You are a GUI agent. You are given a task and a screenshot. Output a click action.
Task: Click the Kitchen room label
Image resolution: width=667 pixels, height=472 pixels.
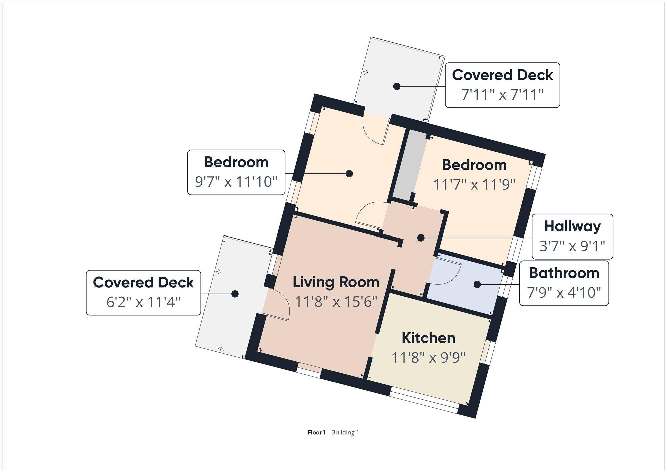pos(428,338)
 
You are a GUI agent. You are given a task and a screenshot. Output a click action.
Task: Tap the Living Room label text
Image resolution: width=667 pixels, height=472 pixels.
pos(336,282)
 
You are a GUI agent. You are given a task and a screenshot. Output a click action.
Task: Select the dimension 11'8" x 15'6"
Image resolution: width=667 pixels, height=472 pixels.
pos(336,302)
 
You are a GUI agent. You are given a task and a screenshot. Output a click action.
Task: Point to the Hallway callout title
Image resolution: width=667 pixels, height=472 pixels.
pos(572,227)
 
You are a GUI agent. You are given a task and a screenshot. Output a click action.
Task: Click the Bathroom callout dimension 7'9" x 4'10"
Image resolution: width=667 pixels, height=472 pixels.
pos(564,293)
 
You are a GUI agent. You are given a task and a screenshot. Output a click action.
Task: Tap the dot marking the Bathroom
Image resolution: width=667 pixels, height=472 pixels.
pos(477,284)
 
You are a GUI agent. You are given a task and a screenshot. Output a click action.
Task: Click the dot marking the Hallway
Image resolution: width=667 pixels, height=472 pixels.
pos(421,238)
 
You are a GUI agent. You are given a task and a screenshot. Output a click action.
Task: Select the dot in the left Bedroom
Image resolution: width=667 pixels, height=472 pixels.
pos(349,173)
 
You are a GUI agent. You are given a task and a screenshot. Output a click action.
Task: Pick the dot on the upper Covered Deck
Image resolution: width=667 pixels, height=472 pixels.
pos(397,86)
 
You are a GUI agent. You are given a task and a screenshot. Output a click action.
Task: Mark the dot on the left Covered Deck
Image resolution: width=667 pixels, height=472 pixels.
pos(235,294)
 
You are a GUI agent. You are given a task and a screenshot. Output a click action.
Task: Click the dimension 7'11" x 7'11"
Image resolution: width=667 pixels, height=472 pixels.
pos(502,95)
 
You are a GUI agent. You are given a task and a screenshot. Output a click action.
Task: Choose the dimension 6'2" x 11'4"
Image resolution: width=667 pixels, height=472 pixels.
pos(143,302)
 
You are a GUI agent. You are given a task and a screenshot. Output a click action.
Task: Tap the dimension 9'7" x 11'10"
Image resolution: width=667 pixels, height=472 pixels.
pos(236,182)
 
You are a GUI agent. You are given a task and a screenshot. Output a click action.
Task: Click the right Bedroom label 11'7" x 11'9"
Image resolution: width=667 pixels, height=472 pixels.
pos(474,184)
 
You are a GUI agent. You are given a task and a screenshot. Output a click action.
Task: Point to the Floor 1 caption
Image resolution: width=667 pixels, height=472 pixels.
pos(316,432)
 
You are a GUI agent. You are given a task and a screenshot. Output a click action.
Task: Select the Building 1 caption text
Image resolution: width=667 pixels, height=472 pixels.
pos(345,432)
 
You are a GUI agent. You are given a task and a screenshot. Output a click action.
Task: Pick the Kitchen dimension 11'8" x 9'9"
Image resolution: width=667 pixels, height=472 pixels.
pos(428,358)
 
